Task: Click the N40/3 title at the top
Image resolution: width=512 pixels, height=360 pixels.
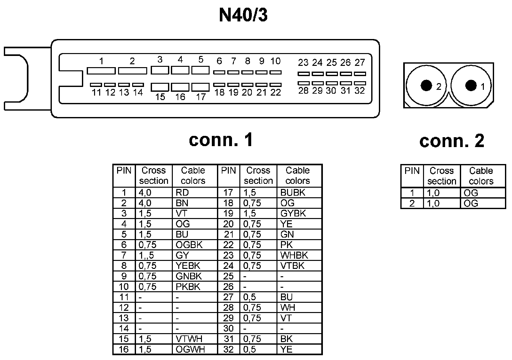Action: (x=243, y=15)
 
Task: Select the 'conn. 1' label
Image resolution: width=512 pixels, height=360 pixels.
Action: (x=221, y=140)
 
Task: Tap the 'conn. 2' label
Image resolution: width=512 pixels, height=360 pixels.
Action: (x=452, y=141)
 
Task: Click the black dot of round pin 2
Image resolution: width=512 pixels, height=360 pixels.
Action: (x=426, y=85)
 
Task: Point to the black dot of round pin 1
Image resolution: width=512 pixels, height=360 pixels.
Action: (x=471, y=85)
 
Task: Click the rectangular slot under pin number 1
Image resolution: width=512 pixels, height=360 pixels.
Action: (x=101, y=71)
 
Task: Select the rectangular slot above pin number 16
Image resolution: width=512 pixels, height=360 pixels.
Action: (x=180, y=87)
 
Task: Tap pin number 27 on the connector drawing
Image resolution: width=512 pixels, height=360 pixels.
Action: (x=360, y=62)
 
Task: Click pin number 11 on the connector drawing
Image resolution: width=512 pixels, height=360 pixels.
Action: (x=96, y=93)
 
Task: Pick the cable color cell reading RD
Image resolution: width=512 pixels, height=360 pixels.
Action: (x=182, y=192)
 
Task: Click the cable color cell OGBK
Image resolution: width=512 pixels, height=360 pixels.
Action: (x=189, y=245)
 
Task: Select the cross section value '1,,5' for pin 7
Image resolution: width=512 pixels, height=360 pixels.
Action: (x=146, y=255)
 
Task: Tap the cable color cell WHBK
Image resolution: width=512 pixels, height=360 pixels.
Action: (x=294, y=255)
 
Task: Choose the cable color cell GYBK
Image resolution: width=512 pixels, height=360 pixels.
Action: (x=293, y=213)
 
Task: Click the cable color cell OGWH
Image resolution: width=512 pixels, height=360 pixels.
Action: (x=190, y=349)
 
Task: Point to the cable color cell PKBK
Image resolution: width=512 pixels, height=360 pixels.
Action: (x=188, y=286)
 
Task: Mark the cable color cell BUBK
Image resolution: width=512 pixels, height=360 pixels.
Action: (x=293, y=192)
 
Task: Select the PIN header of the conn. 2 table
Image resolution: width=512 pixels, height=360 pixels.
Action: (x=412, y=171)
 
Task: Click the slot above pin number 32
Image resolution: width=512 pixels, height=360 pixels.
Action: (x=360, y=83)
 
